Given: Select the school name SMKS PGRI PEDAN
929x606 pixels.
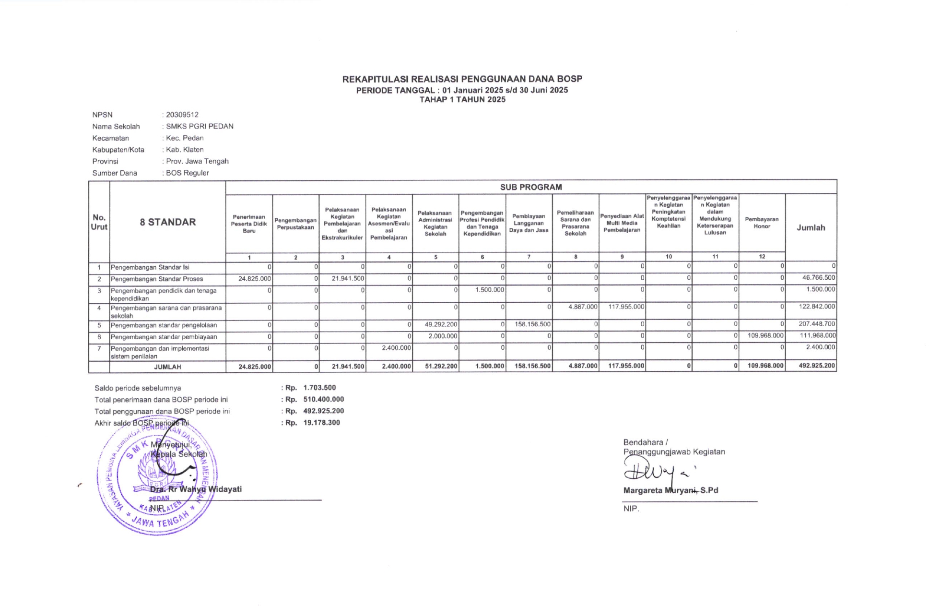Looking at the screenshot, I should [200, 126].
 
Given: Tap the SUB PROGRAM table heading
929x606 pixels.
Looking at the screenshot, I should [530, 187].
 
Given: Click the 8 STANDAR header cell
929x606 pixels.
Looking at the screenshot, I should [167, 222].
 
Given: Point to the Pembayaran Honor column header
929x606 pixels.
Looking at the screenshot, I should [762, 223].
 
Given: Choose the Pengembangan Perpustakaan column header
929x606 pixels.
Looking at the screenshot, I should [295, 224].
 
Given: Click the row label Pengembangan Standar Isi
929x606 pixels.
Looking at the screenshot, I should [150, 267].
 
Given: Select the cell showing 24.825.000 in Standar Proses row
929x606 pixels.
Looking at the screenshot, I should [255, 279].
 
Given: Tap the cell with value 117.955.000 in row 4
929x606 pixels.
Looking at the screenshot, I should [626, 307].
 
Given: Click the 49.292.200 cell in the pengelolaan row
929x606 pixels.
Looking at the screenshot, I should [441, 324].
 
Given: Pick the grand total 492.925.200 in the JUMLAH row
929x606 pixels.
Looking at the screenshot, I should [817, 366].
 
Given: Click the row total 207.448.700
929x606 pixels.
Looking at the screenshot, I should [817, 324].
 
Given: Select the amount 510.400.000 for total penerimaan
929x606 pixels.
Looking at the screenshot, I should [323, 399].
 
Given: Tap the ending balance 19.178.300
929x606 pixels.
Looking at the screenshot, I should [321, 423].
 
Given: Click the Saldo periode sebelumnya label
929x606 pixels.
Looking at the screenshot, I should [138, 388].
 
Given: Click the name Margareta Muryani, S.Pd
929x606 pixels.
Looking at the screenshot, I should [670, 490].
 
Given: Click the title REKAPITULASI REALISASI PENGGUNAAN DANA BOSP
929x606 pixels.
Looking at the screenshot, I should [462, 79].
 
